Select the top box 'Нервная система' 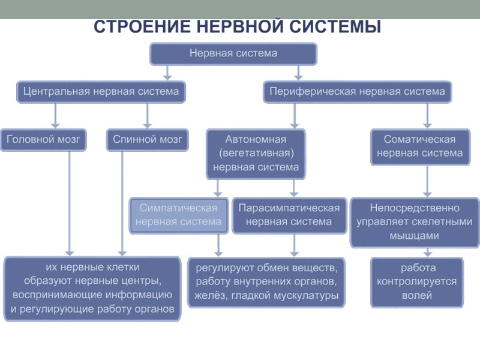pyautogui.click(x=233, y=53)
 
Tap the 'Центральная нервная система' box pyautogui.click(x=101, y=92)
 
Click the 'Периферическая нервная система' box pyautogui.click(x=357, y=92)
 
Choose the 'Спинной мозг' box pyautogui.click(x=147, y=139)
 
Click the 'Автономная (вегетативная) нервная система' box pyautogui.click(x=256, y=153)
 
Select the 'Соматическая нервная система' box pyautogui.click(x=419, y=146)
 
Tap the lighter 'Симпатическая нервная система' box pyautogui.click(x=178, y=215)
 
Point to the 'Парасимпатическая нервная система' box pyautogui.click(x=289, y=215)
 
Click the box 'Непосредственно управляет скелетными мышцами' pyautogui.click(x=415, y=222)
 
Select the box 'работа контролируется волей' pyautogui.click(x=416, y=281)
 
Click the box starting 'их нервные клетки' pyautogui.click(x=92, y=288)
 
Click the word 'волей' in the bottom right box pyautogui.click(x=416, y=295)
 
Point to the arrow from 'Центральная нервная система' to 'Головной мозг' pyautogui.click(x=56, y=115)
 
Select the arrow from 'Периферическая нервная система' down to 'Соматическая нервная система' pyautogui.click(x=427, y=115)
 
